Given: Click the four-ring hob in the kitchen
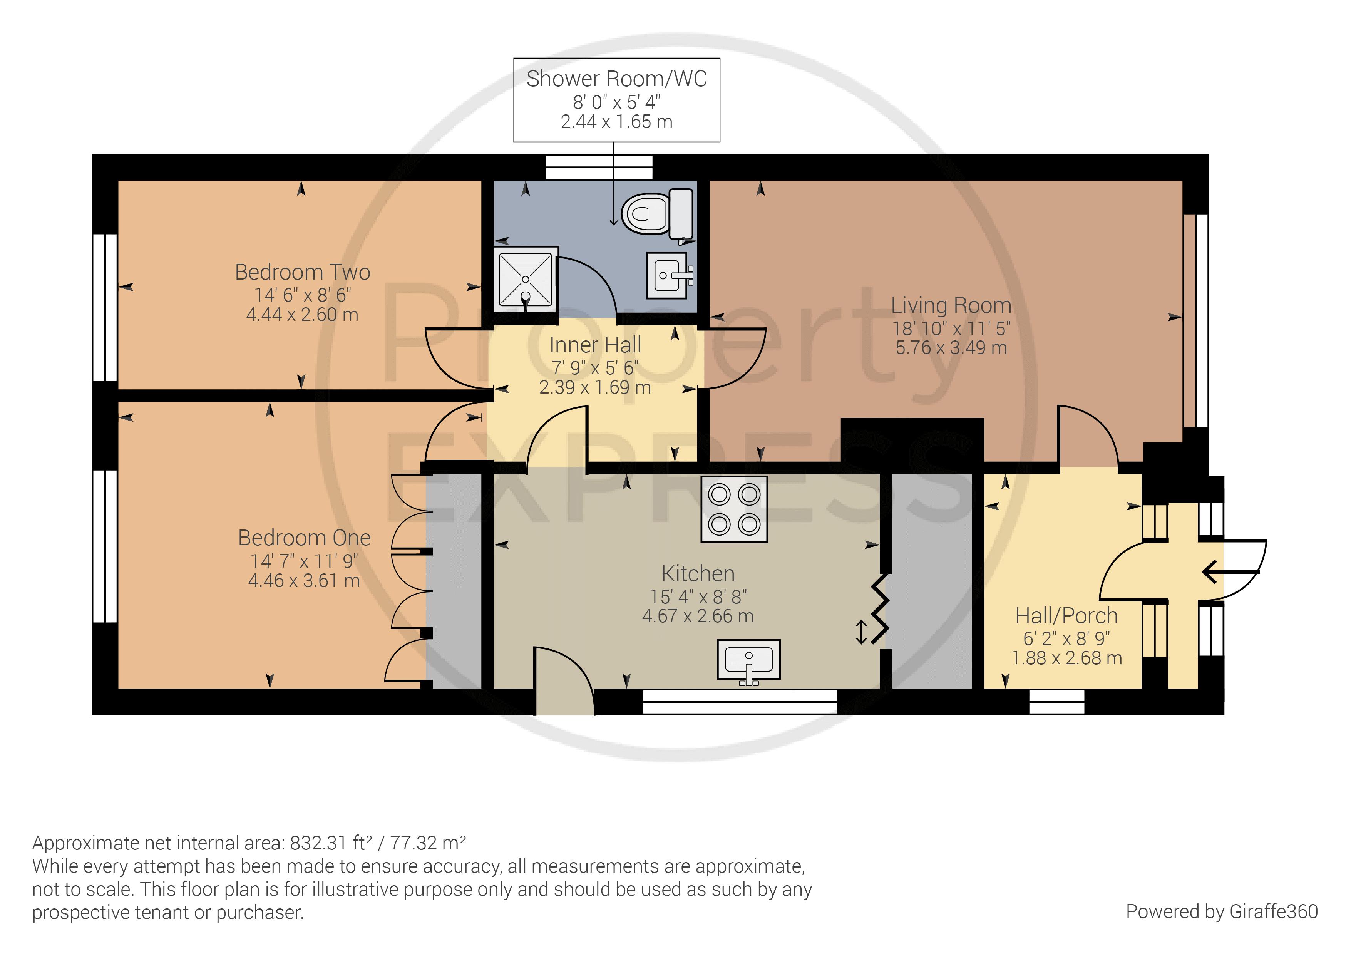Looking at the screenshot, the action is pos(734,509).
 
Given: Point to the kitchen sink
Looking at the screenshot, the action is pos(748,662).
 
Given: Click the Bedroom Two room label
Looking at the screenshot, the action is pos(303,272).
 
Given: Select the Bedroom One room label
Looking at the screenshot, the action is pos(304,538).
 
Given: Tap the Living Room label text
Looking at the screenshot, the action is pos(951,305).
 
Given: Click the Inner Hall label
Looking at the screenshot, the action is pos(595,345).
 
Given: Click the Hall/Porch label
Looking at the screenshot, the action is pos(1066,615).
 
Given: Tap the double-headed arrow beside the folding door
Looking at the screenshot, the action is pos(861,632).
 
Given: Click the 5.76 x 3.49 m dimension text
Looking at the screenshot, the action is pos(951,348).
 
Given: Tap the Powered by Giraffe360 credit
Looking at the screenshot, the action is pos(1222,911).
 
